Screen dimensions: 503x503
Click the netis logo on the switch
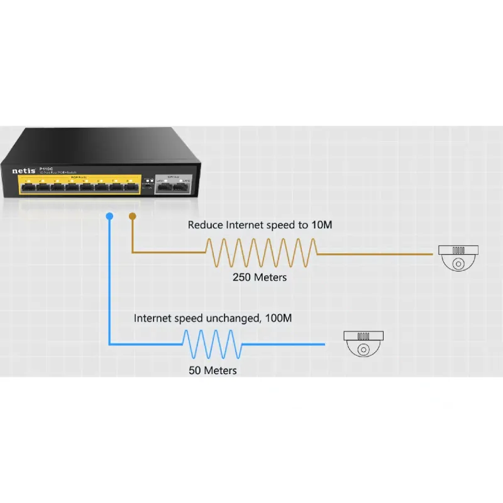click(23, 170)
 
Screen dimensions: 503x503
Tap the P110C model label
click(45, 168)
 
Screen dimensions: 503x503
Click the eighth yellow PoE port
click(130, 186)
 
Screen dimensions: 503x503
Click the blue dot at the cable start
click(109, 216)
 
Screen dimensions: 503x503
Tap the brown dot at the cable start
click(131, 216)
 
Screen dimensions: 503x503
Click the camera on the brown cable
click(459, 257)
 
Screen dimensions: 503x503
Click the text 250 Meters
click(259, 277)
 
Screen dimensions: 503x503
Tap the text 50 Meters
click(213, 370)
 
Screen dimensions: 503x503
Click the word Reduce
click(206, 225)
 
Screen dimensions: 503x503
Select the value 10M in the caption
click(321, 225)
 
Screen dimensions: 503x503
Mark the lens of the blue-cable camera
click(363, 350)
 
